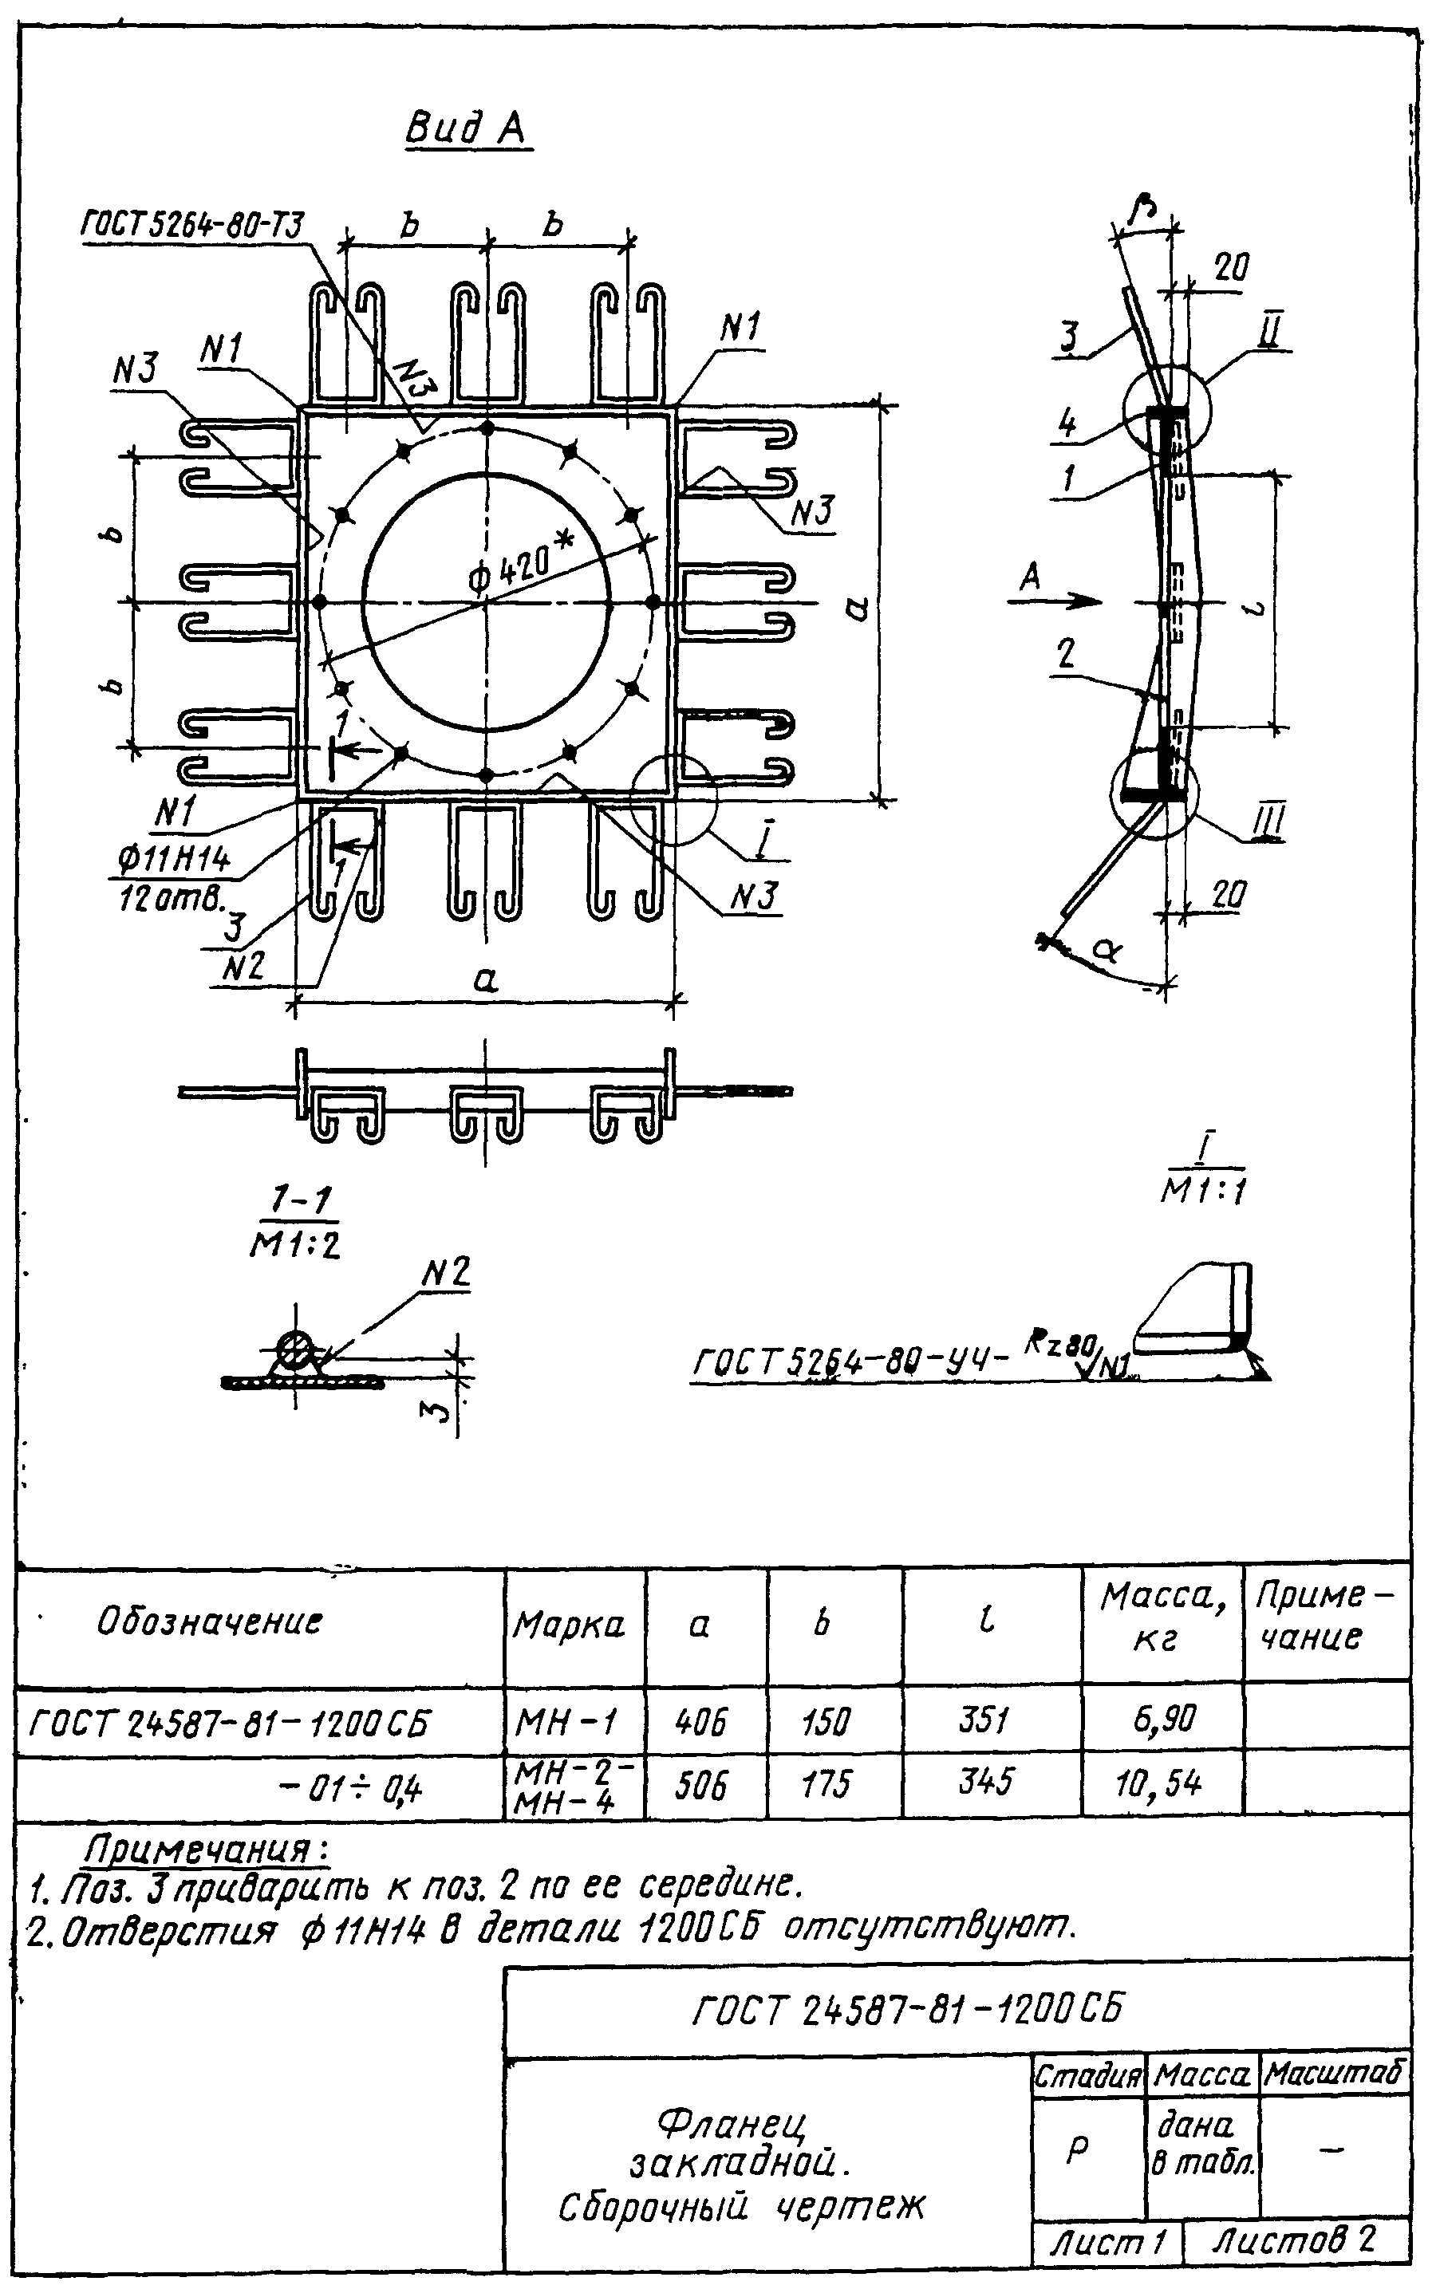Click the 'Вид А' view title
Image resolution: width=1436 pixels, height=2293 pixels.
465,128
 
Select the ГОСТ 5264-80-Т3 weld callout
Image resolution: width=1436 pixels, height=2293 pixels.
193,226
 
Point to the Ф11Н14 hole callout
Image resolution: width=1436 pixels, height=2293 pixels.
175,861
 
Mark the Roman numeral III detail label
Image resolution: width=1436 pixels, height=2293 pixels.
1268,821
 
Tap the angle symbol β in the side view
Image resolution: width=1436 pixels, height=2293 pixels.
1143,211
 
